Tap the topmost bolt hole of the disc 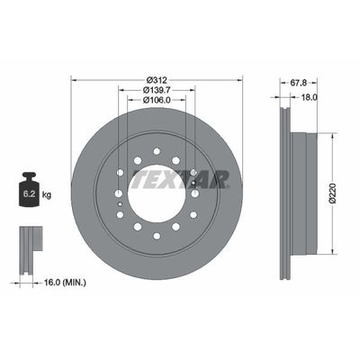pos(156,149)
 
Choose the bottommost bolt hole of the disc pos(156,235)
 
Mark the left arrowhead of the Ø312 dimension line pos(73,82)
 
